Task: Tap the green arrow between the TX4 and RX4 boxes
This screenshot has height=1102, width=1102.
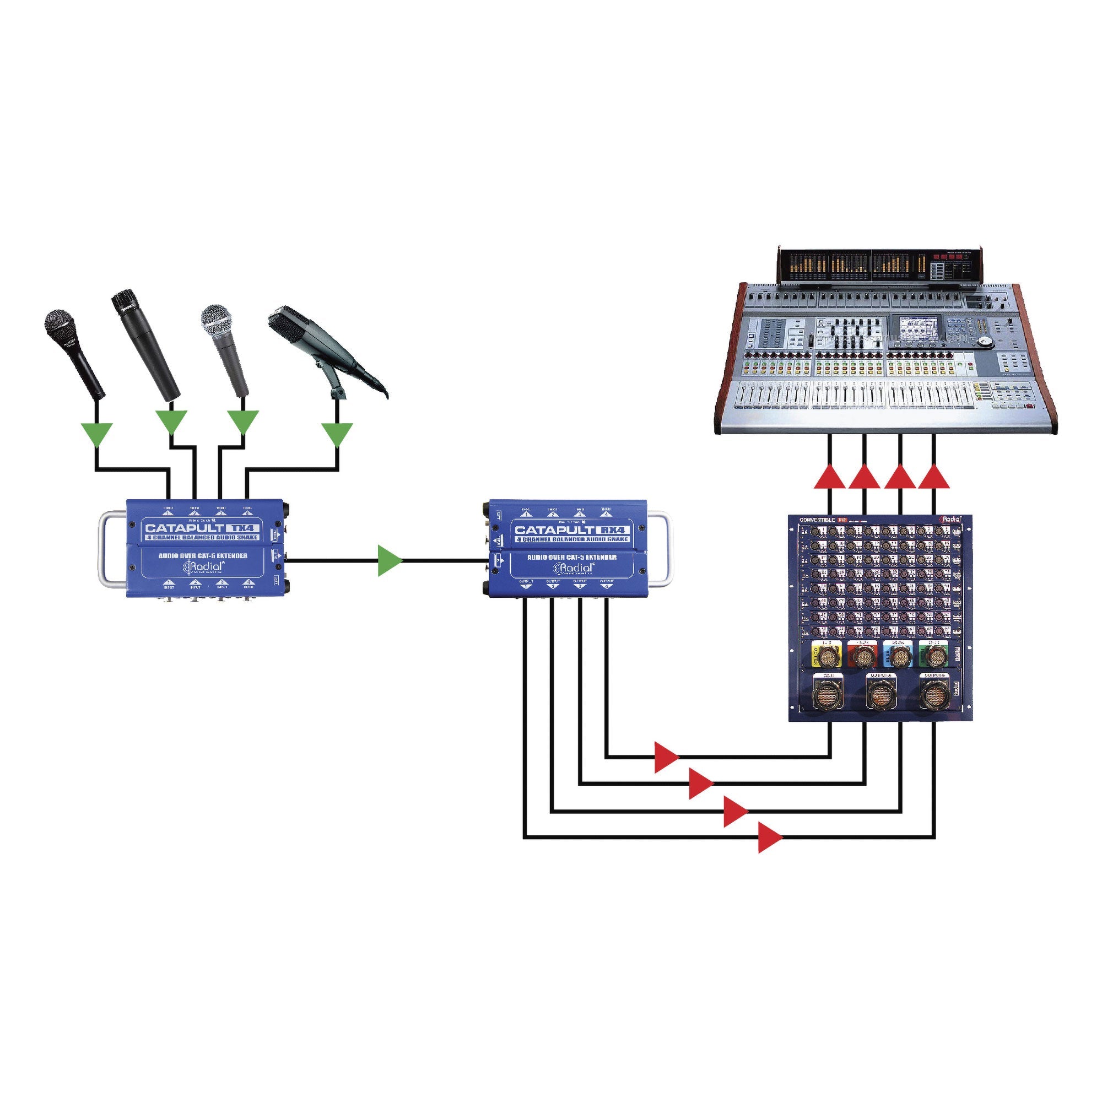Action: (390, 561)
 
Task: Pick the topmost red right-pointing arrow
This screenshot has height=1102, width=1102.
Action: (665, 757)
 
